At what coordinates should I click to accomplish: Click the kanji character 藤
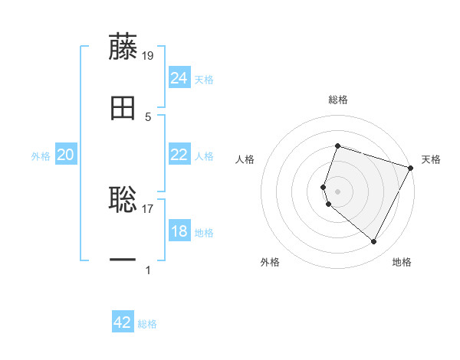[123, 47]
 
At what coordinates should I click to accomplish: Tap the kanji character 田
[123, 108]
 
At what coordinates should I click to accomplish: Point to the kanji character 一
[123, 260]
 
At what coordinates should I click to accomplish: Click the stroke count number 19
[148, 55]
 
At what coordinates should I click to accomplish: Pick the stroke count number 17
[148, 208]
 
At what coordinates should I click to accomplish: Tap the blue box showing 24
[179, 78]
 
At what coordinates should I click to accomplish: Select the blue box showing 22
[179, 155]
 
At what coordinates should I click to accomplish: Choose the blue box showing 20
[66, 155]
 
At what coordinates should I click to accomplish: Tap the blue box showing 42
[123, 322]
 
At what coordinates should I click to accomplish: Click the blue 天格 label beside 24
[204, 80]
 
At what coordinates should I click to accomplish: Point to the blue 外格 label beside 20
[41, 156]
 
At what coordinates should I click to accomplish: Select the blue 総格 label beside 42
[147, 324]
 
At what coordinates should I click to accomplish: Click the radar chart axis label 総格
[337, 100]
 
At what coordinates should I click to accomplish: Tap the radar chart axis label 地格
[402, 262]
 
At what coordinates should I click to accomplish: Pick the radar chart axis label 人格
[245, 159]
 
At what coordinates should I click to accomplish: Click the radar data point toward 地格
[373, 242]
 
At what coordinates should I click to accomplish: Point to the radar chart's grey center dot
[337, 191]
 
